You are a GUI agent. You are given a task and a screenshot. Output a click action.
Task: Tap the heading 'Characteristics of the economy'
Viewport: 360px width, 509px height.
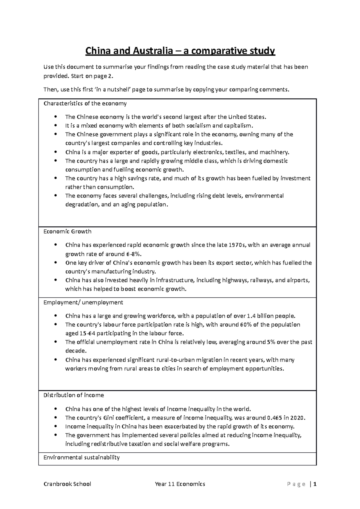pyautogui.click(x=85, y=104)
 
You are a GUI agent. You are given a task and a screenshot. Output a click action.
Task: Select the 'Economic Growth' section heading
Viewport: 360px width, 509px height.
pyautogui.click(x=67, y=232)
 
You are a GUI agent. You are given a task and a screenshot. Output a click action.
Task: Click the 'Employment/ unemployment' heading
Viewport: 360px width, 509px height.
pyautogui.click(x=83, y=302)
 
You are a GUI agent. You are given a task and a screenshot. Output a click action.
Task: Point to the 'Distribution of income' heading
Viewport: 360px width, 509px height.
pyautogui.click(x=73, y=395)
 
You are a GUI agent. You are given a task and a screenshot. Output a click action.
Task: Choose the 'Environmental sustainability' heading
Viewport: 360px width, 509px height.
pyautogui.click(x=81, y=458)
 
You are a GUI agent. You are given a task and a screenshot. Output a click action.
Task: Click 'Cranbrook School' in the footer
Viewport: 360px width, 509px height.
pyautogui.click(x=67, y=484)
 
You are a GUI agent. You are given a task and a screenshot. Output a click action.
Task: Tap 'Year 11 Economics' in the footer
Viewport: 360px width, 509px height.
pyautogui.click(x=180, y=484)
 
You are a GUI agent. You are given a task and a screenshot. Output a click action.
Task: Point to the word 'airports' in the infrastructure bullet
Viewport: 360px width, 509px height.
pyautogui.click(x=298, y=280)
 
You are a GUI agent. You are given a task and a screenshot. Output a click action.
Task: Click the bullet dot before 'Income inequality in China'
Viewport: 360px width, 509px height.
pyautogui.click(x=56, y=427)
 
